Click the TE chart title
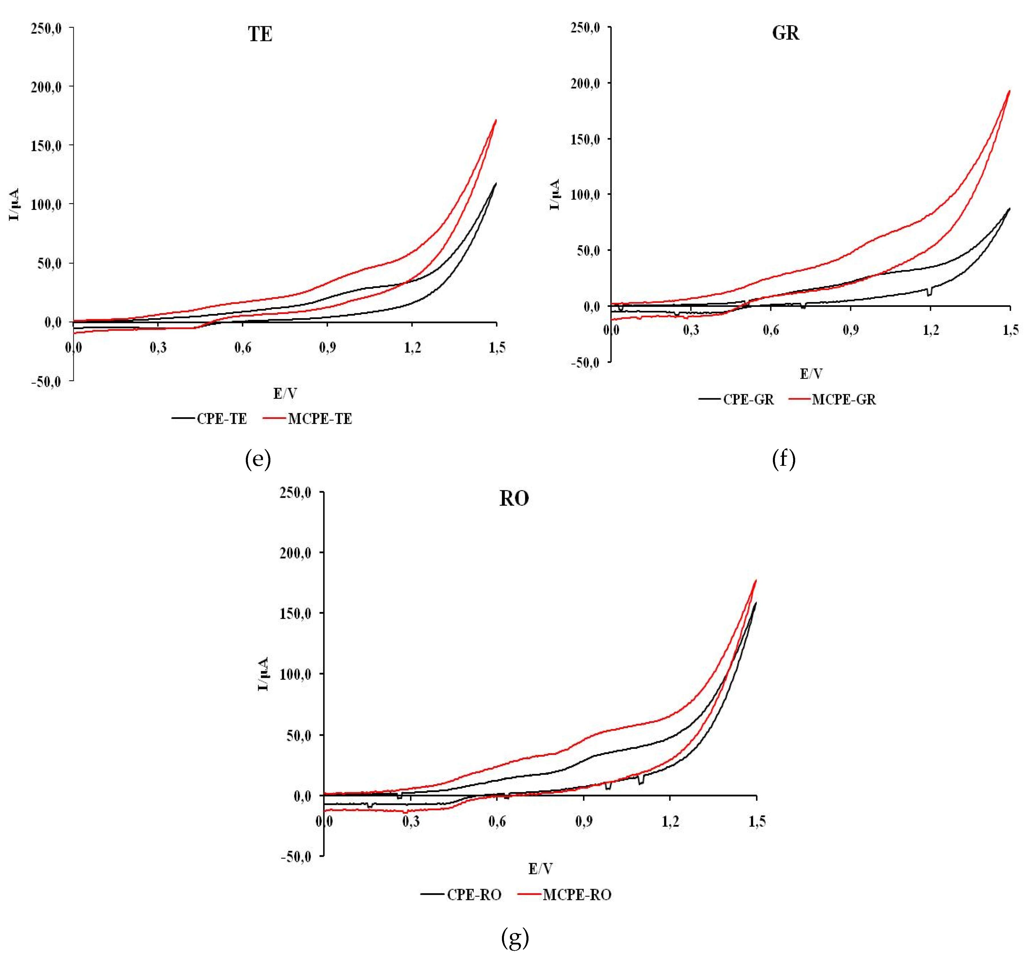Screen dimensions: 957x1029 point(260,35)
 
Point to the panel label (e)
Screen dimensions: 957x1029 point(258,459)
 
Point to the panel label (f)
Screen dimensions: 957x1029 point(783,459)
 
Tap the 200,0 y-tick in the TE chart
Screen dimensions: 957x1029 point(46,87)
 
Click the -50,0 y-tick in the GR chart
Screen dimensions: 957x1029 point(585,363)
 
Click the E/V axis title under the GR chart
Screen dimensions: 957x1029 point(811,374)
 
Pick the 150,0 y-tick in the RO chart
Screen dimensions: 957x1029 point(296,614)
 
